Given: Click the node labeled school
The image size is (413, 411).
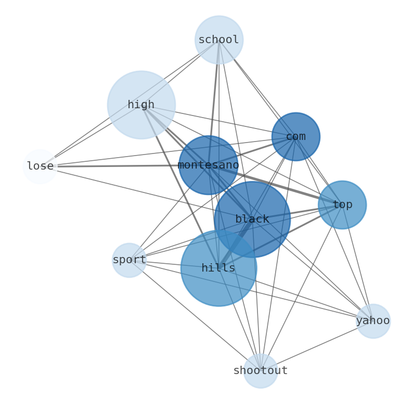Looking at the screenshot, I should (218, 40).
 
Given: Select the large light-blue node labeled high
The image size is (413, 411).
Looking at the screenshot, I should (141, 105).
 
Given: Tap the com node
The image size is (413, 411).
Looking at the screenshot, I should (295, 136).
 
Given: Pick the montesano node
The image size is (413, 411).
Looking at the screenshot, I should (208, 165).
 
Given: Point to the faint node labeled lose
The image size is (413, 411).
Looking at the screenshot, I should (40, 166).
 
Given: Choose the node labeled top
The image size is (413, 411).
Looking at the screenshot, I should (342, 204).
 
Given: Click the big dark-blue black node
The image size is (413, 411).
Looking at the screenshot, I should (252, 219).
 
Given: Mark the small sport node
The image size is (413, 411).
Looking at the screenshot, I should (129, 260).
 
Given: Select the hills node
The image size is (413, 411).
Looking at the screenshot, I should (218, 268).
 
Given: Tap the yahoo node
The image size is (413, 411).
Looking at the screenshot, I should (372, 320).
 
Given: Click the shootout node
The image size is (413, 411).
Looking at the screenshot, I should (260, 370).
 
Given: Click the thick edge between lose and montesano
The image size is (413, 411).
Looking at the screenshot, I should (114, 166).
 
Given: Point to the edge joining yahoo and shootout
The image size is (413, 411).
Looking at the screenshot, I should (317, 345).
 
